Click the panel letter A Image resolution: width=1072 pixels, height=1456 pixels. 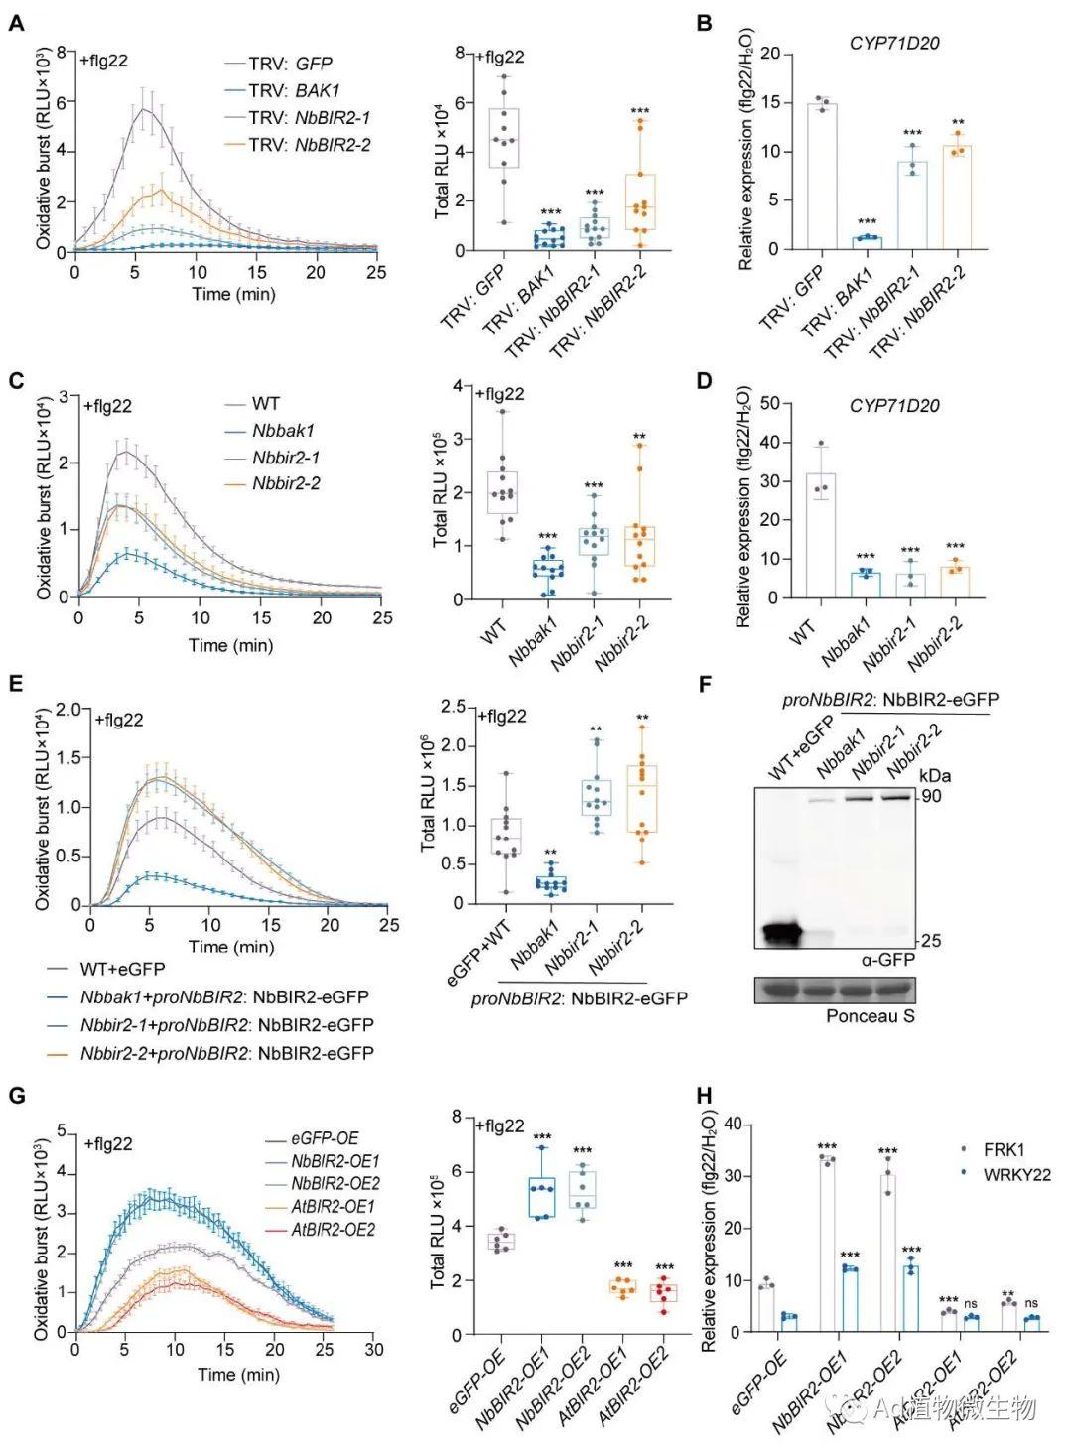[x=17, y=22]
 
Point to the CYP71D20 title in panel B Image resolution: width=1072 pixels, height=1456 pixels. [x=893, y=43]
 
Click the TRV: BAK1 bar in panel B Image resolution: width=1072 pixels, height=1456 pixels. [x=867, y=243]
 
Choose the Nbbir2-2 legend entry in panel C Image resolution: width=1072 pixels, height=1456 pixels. [x=286, y=484]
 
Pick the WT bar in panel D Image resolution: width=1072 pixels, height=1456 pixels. [x=820, y=535]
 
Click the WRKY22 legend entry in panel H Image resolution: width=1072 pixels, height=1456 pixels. [x=1018, y=1174]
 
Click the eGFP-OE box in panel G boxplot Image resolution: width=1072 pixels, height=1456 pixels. [x=502, y=1241]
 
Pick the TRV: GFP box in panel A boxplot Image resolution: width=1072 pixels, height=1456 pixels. [x=504, y=138]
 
